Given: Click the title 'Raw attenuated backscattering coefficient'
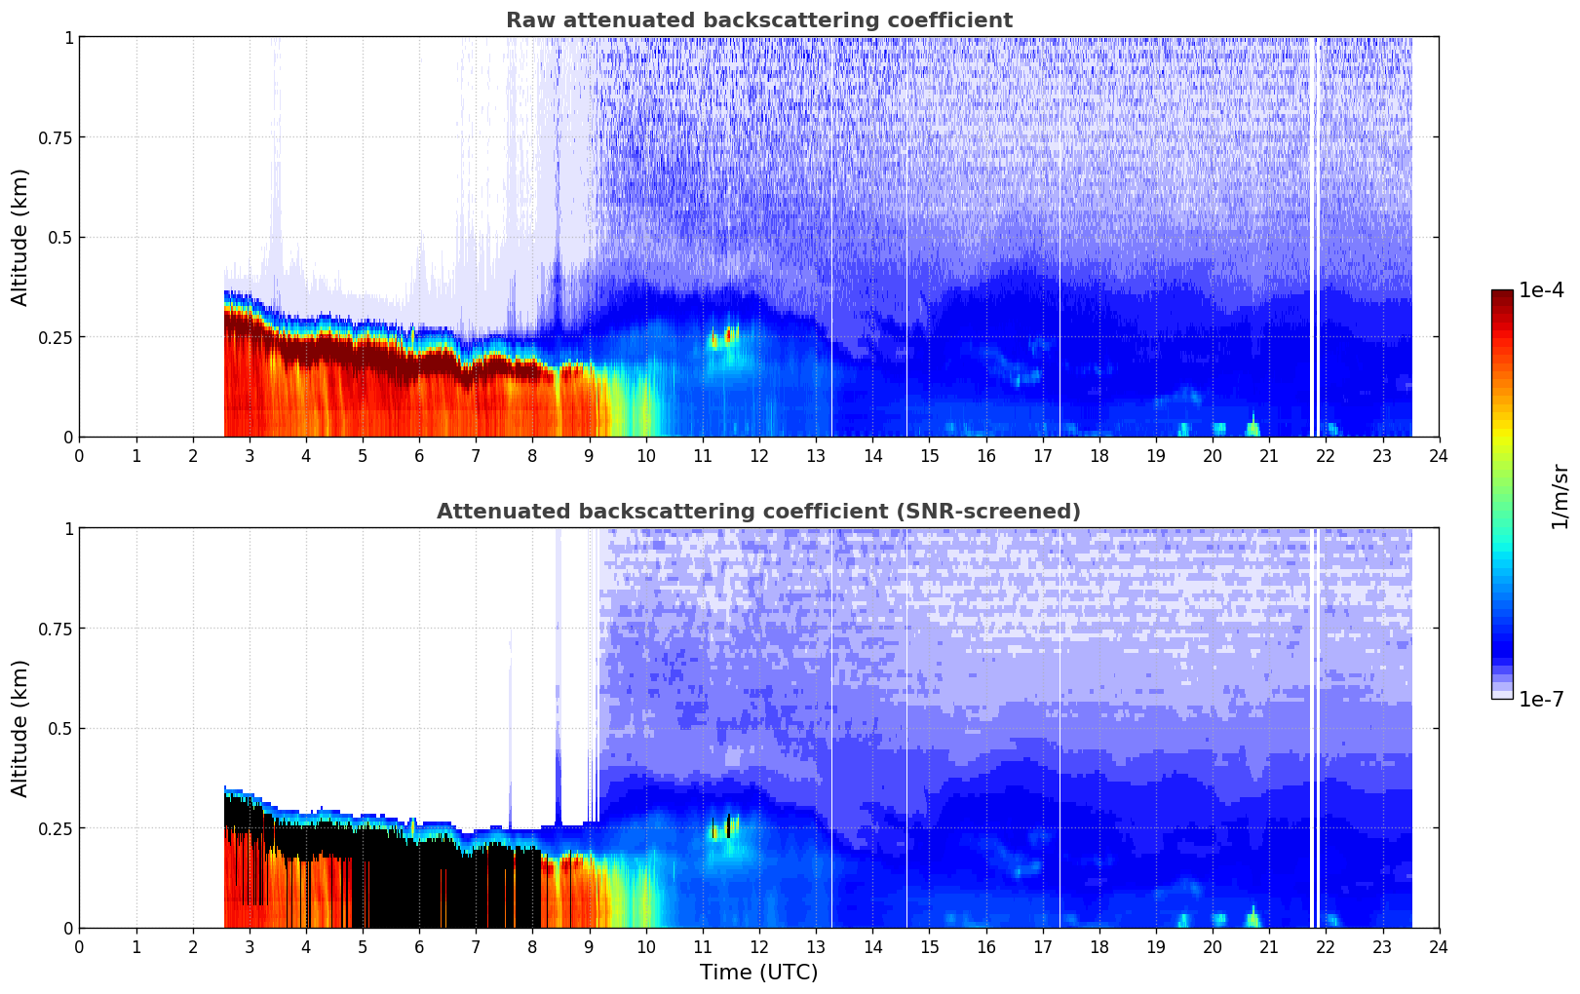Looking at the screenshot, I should [758, 20].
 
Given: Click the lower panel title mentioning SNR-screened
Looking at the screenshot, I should [758, 512].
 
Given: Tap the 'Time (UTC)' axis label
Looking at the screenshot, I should [758, 973].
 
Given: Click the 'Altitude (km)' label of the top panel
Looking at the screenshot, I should [20, 237].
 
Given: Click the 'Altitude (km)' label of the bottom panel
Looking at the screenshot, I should [20, 728].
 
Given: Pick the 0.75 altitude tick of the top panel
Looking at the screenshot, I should [55, 137].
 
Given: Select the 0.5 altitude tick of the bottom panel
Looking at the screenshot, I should [59, 728].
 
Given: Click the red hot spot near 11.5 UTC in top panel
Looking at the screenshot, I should [729, 335].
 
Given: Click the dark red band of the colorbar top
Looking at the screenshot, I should [1501, 296].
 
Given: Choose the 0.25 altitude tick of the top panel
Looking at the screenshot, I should [55, 337].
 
